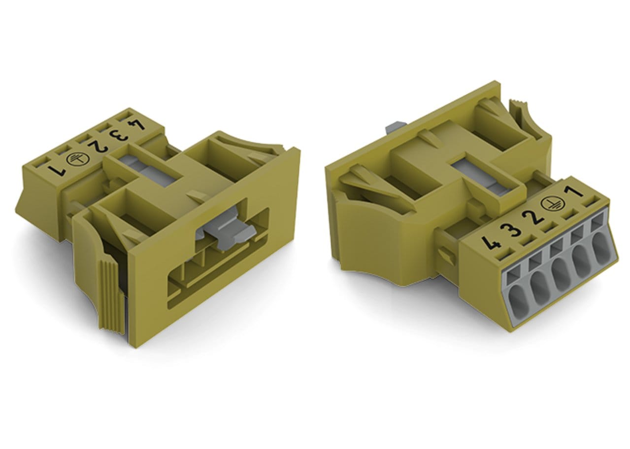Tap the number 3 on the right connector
coord(512,231)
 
